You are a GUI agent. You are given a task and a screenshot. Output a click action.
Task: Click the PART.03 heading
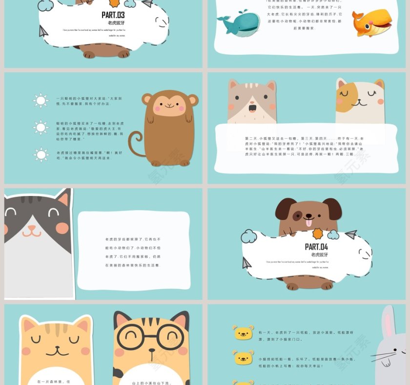113,15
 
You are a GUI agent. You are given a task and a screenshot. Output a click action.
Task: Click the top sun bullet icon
41,101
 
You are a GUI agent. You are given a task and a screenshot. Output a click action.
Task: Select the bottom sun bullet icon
41,155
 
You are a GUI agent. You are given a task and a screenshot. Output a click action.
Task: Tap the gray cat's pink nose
32,227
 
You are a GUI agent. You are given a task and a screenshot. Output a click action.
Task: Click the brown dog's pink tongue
308,223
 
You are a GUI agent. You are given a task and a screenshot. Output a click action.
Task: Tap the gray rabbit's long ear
389,322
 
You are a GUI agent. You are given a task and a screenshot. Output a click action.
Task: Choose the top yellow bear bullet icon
244,333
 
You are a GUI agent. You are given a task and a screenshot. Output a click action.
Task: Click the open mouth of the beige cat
252,107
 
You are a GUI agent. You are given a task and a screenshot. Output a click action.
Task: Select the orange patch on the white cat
345,97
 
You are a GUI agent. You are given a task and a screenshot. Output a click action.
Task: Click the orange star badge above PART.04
319,234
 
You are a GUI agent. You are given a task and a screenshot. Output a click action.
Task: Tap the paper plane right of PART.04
351,235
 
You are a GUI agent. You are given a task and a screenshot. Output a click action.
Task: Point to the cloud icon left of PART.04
249,237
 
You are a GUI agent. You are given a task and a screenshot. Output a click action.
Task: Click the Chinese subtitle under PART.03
116,23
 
